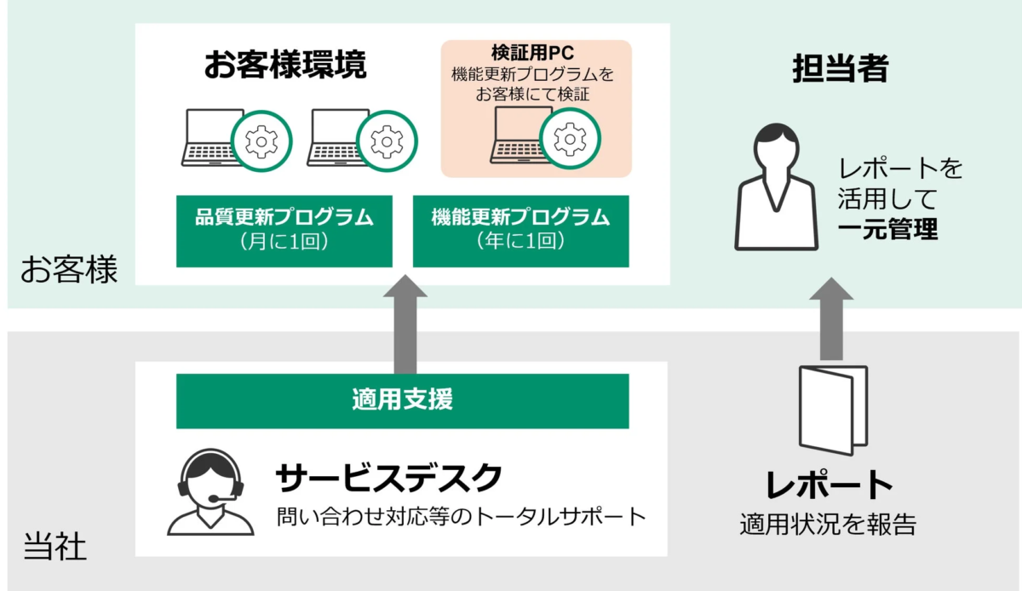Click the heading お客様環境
pyautogui.click(x=284, y=66)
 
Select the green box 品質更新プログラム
pyautogui.click(x=284, y=230)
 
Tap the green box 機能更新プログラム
pyautogui.click(x=520, y=230)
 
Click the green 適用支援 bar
pyautogui.click(x=402, y=400)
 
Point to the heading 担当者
pyautogui.click(x=840, y=69)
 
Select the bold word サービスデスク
pyautogui.click(x=388, y=479)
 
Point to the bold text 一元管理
pyautogui.click(x=887, y=229)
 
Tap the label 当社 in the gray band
pyautogui.click(x=55, y=546)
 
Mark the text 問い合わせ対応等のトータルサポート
pyautogui.click(x=460, y=517)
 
